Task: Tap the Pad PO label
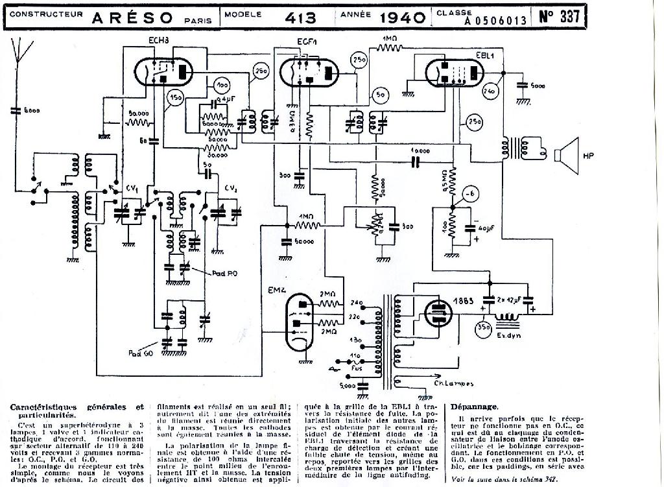pyautogui.click(x=225, y=273)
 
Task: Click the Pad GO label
pyautogui.click(x=139, y=353)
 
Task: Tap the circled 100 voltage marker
pyautogui.click(x=222, y=86)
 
